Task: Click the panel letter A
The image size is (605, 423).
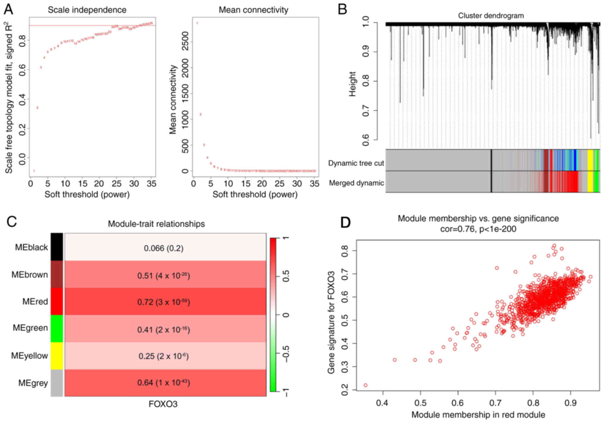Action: (8, 10)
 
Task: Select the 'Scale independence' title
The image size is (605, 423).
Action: (87, 10)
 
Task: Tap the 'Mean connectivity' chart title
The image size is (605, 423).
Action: (253, 10)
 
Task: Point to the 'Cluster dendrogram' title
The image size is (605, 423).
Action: (491, 15)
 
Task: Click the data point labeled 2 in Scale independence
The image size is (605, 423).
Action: (37, 108)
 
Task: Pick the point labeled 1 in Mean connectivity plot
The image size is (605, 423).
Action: (197, 23)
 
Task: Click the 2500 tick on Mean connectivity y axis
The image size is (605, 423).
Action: (185, 42)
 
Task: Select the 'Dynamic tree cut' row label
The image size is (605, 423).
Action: (356, 163)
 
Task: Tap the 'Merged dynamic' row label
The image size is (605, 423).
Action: (356, 183)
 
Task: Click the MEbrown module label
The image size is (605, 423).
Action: (29, 274)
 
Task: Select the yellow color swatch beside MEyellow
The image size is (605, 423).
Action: (57, 356)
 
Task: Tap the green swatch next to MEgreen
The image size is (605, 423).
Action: (57, 328)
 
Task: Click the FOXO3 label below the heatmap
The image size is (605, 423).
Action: (163, 404)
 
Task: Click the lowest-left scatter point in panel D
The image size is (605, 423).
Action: (365, 385)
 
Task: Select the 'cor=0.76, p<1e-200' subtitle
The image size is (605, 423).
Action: (478, 229)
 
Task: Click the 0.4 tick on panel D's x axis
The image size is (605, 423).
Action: (382, 403)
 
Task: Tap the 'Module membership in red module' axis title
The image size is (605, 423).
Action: (478, 415)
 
